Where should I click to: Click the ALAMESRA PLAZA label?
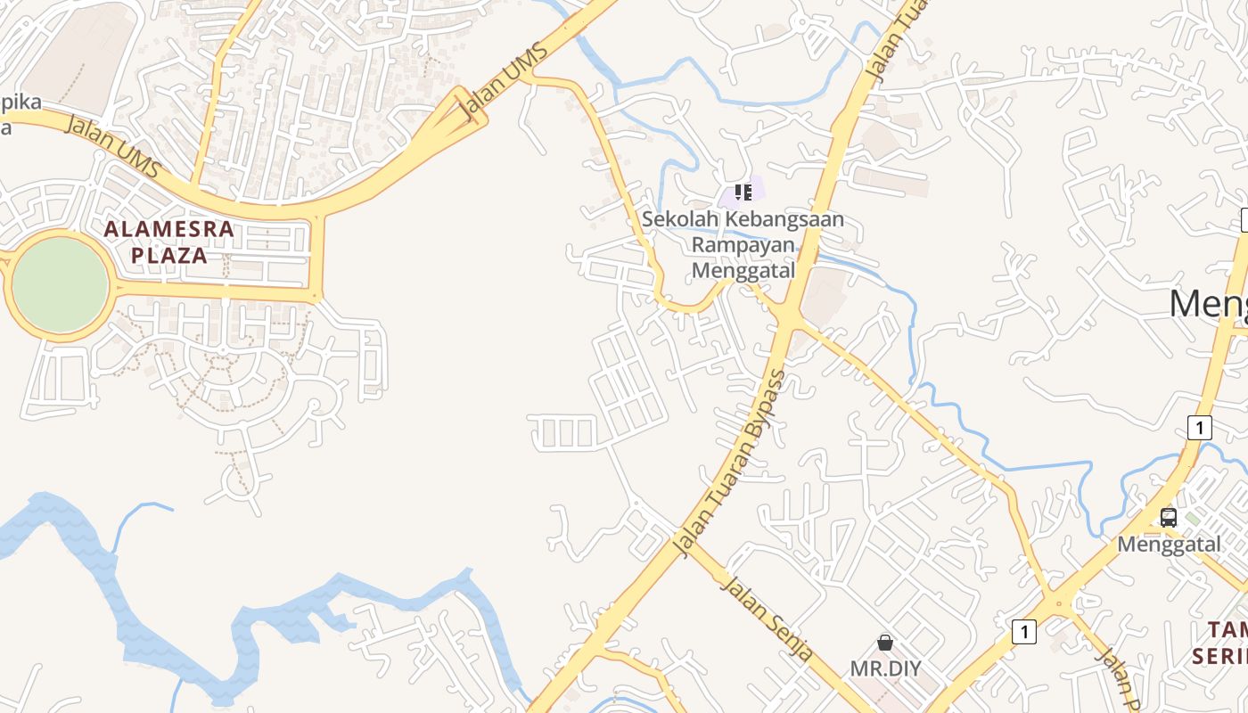[x=168, y=242]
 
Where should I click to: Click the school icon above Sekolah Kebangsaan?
[x=743, y=192]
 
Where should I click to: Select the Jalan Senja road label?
[x=767, y=619]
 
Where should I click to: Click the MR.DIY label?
[x=885, y=668]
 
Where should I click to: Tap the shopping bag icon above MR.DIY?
[x=885, y=642]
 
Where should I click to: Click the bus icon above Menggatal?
[x=1168, y=517]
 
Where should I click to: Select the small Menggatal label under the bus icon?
[x=1169, y=544]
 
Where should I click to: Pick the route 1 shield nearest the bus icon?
[x=1200, y=427]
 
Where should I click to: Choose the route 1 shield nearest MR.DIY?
[x=1024, y=632]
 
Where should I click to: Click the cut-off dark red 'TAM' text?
[x=1228, y=630]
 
